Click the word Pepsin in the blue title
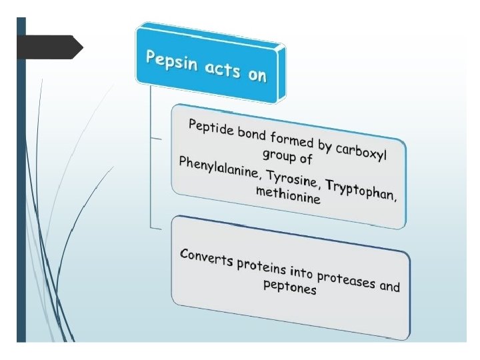(x=172, y=62)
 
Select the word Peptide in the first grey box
(x=211, y=129)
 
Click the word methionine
(x=288, y=195)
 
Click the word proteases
(x=346, y=280)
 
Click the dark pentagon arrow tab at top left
(x=50, y=47)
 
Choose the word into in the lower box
(x=301, y=272)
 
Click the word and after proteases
(x=390, y=287)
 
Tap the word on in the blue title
(x=257, y=74)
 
